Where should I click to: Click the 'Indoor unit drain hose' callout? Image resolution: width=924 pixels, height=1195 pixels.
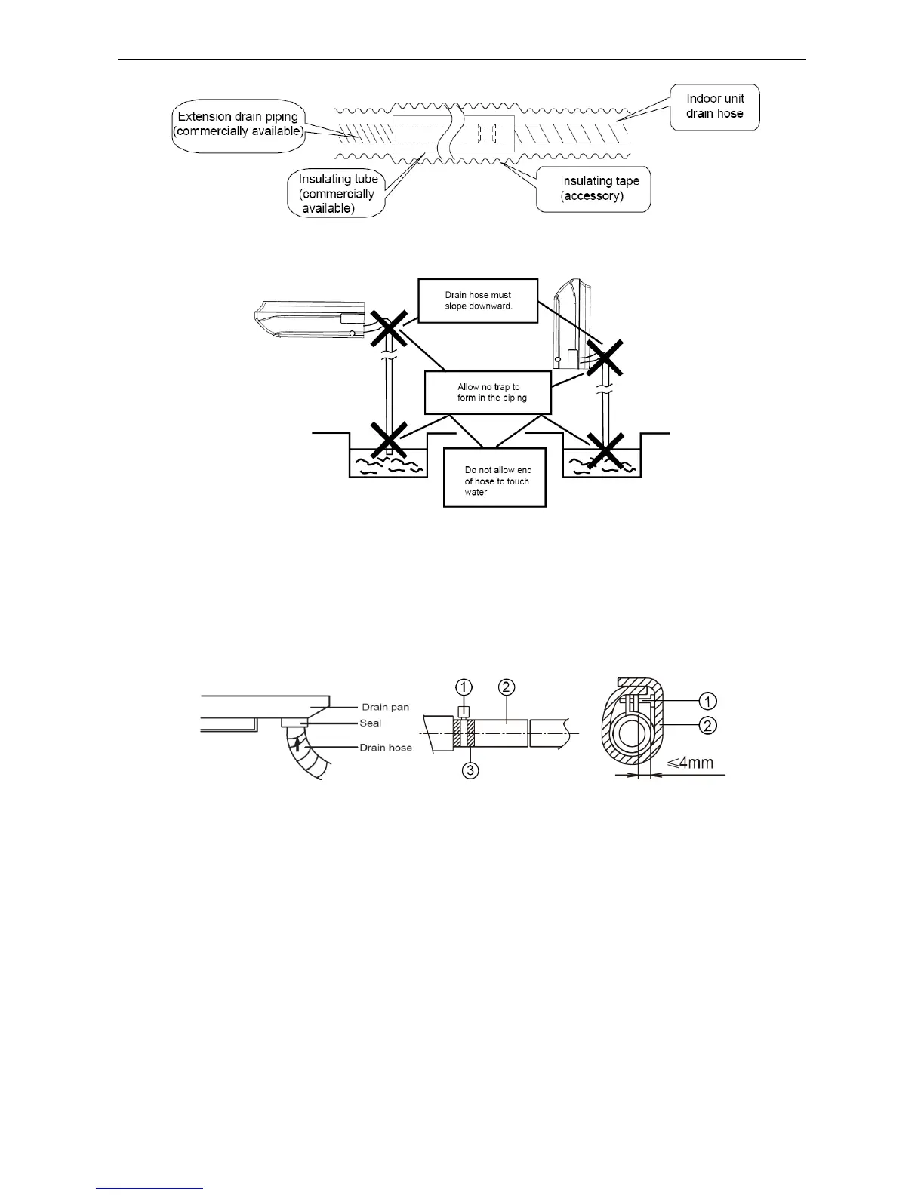[714, 106]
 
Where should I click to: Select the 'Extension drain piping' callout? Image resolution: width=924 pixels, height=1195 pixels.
[238, 124]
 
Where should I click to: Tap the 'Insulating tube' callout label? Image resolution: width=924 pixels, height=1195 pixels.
[336, 194]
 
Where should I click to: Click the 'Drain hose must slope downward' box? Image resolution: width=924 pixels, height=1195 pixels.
[477, 300]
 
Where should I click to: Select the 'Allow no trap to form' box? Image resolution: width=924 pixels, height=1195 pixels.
[488, 392]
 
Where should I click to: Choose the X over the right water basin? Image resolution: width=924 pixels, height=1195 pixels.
[605, 450]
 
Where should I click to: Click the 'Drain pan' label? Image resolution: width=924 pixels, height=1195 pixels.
[385, 707]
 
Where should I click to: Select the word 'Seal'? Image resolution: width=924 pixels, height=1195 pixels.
[370, 723]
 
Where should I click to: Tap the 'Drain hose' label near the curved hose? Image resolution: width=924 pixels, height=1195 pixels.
[386, 748]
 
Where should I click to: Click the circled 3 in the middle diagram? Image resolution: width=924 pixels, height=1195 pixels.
[470, 772]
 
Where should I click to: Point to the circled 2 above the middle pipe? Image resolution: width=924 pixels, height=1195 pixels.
[507, 687]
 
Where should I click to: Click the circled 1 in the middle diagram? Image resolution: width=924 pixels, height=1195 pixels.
[464, 687]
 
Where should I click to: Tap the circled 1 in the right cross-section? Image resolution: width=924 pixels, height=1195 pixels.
[707, 701]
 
